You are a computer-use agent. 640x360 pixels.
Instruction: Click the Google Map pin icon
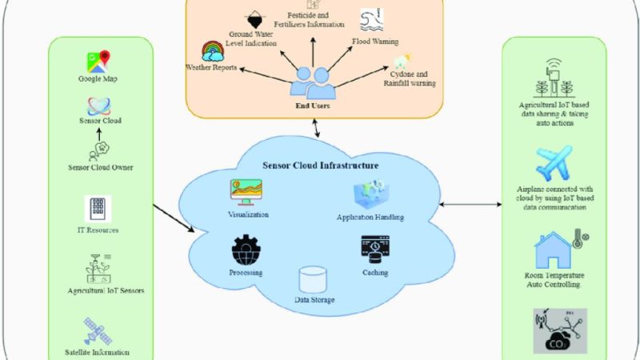(x=98, y=61)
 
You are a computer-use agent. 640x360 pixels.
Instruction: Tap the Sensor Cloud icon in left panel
(x=98, y=106)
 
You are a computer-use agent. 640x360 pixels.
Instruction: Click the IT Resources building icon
(x=98, y=210)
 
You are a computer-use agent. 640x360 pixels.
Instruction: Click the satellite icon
(x=98, y=330)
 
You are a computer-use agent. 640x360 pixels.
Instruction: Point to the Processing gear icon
(x=247, y=252)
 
